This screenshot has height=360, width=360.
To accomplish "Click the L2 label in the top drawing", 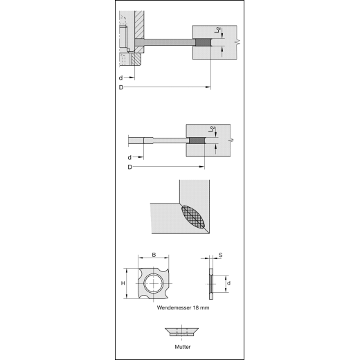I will tap(217, 31).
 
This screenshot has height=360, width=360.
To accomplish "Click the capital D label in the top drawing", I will tap(121, 88).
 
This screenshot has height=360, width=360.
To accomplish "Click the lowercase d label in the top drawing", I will tap(122, 78).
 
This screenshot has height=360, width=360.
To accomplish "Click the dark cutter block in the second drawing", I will tap(197, 141).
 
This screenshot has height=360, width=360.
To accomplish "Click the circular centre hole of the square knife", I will tap(152, 283).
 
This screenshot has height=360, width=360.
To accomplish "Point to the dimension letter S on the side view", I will tap(220, 256).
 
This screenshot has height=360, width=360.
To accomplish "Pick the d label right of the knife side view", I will tap(228, 283).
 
